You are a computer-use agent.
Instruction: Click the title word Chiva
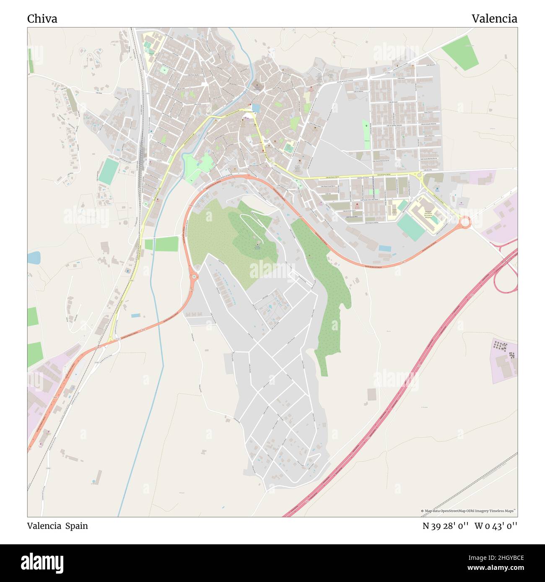tap(42, 19)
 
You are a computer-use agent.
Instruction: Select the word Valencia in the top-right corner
tap(494, 19)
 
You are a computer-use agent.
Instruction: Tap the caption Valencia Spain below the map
tap(57, 526)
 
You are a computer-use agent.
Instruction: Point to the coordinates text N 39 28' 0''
tap(445, 526)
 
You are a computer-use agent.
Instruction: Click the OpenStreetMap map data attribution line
tap(468, 511)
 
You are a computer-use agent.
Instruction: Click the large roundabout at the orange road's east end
tap(465, 222)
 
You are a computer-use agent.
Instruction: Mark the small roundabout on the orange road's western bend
tap(193, 276)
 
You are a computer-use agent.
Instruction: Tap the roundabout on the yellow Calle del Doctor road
tap(419, 175)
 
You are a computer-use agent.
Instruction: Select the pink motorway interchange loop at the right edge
tap(506, 278)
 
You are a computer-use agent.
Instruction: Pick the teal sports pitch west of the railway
tap(109, 171)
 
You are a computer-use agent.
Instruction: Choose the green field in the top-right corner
tap(460, 52)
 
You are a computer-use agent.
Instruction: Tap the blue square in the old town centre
tap(256, 108)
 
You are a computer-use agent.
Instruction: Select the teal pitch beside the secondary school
tap(410, 227)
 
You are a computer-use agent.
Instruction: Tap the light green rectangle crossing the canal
tap(162, 244)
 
